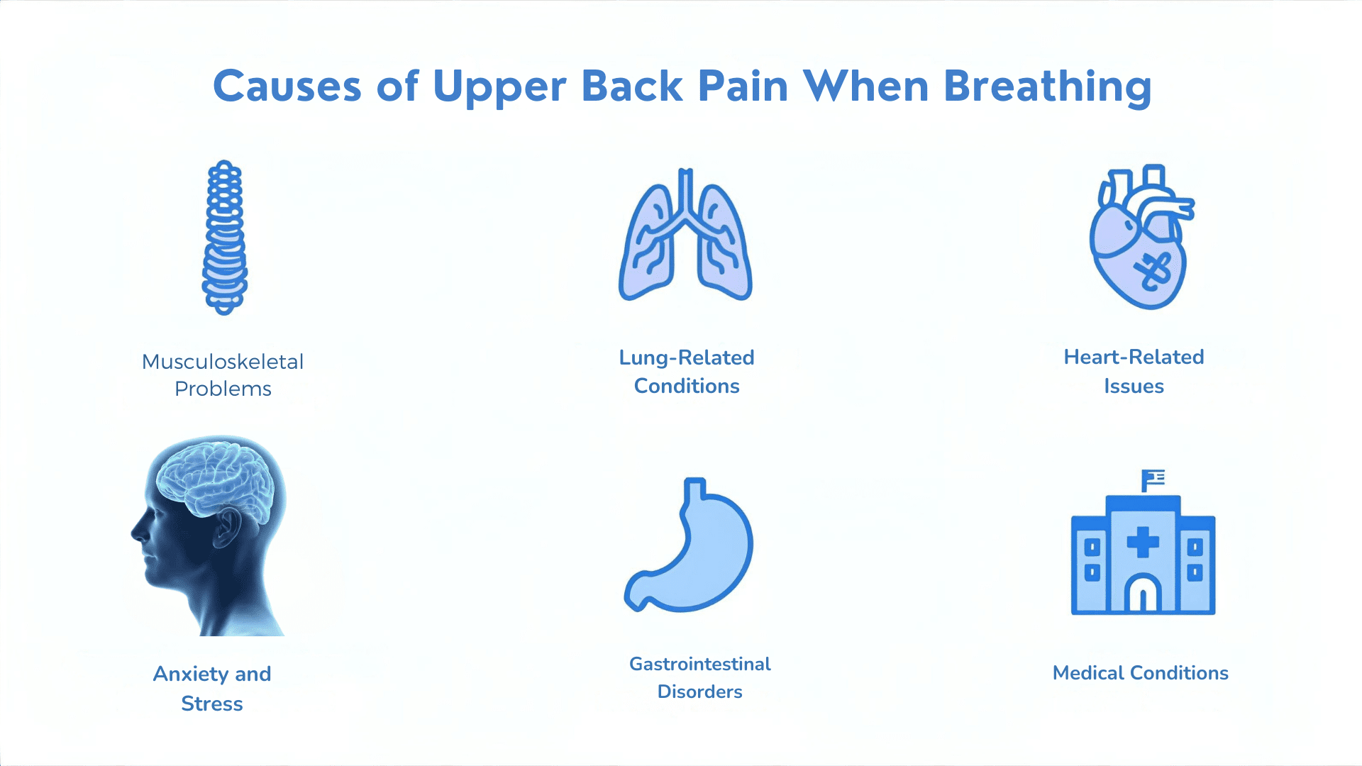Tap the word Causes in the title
click(x=287, y=87)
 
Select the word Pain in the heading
click(x=743, y=87)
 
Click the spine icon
click(x=225, y=238)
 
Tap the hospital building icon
click(x=1143, y=553)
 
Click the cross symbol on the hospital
click(x=1143, y=543)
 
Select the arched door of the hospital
click(x=1143, y=594)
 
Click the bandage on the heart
click(x=1153, y=270)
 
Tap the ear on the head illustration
click(x=228, y=528)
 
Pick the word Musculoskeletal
click(x=223, y=362)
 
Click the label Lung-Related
click(x=687, y=357)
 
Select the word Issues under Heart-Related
click(x=1134, y=387)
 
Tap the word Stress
click(x=212, y=704)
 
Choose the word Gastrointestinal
click(x=700, y=664)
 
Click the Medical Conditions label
click(x=1140, y=673)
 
